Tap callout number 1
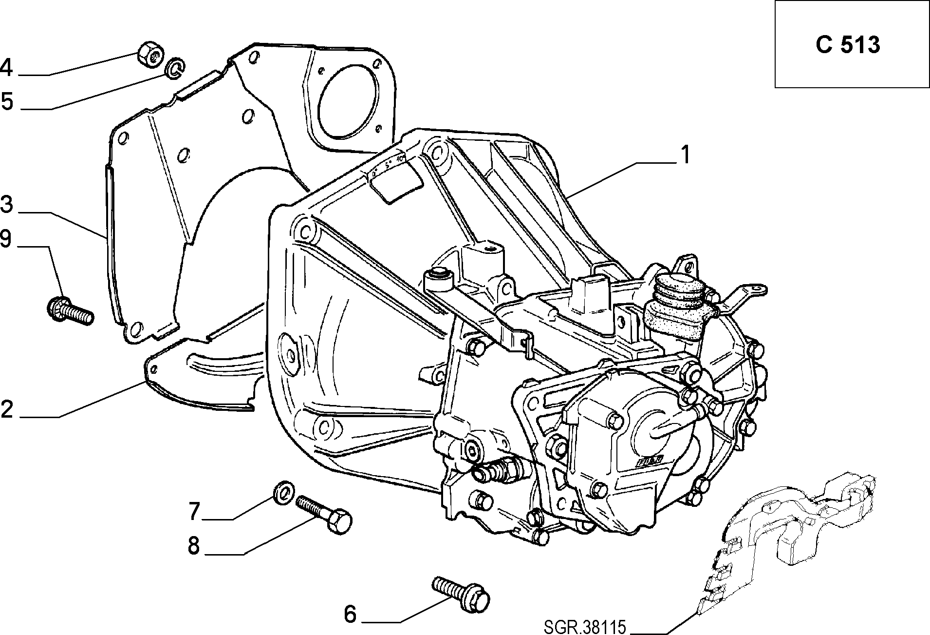pos(685,155)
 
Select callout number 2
pos(7,410)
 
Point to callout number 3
pos(7,205)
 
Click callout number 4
pos(7,68)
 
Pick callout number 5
pos(7,102)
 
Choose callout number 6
pos(350,614)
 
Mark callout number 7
pos(194,512)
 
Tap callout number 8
pos(194,545)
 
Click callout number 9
pos(6,239)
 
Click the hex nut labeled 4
pos(149,54)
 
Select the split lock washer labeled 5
pos(174,68)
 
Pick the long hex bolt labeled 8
pos(324,514)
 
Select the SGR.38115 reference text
pos(584,627)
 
